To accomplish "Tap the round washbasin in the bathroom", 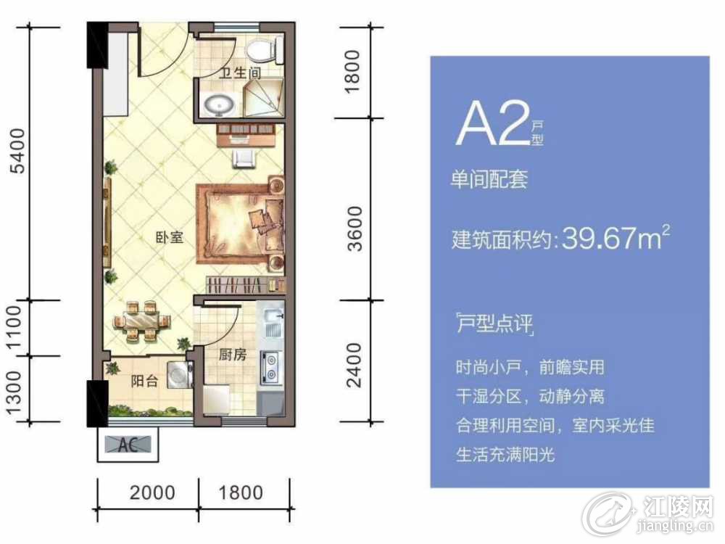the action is coord(220,105).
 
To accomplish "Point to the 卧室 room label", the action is coord(169,238).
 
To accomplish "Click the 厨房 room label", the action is coord(232,355).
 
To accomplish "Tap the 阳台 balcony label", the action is coord(144,381).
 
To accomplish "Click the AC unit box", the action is coord(128,444).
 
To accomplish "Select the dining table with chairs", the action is coord(141,321).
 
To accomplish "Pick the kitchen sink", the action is coord(273,323).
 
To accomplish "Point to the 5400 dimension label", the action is coord(18,150).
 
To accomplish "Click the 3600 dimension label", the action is coord(355,229).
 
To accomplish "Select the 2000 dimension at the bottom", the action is coord(152,493).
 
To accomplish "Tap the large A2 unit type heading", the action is coord(493,124).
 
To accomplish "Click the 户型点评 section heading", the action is coord(494,323).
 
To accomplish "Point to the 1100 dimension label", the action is coord(13,328).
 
